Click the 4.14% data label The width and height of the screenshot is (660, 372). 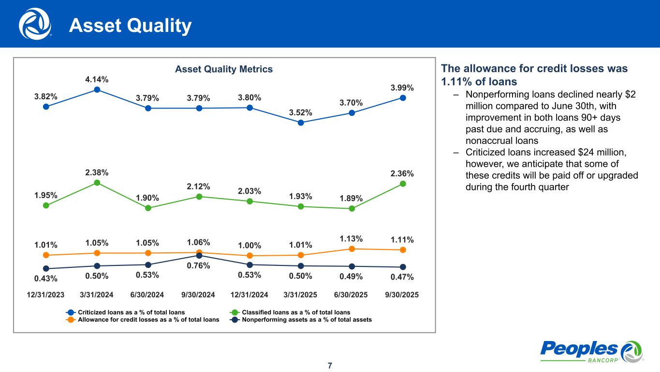coord(97,79)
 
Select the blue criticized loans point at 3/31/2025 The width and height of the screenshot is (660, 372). coord(301,123)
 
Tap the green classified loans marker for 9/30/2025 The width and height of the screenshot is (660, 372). coord(403,184)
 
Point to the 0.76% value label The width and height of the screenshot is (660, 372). coord(199,265)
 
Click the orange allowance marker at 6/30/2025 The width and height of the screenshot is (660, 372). coord(352,248)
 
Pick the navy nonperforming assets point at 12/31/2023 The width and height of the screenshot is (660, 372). coord(46,268)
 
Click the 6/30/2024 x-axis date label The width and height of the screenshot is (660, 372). coord(147,295)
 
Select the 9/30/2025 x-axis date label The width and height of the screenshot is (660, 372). coord(401,295)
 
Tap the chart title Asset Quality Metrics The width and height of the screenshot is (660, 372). coord(224,69)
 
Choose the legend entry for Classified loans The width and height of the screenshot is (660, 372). coord(290,312)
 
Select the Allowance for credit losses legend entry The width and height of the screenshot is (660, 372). coord(143,320)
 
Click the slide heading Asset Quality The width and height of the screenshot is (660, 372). coord(130,26)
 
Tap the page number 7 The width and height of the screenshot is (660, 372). coord(330,365)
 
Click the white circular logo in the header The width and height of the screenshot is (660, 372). coord(35,24)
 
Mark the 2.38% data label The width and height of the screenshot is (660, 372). coord(97,172)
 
